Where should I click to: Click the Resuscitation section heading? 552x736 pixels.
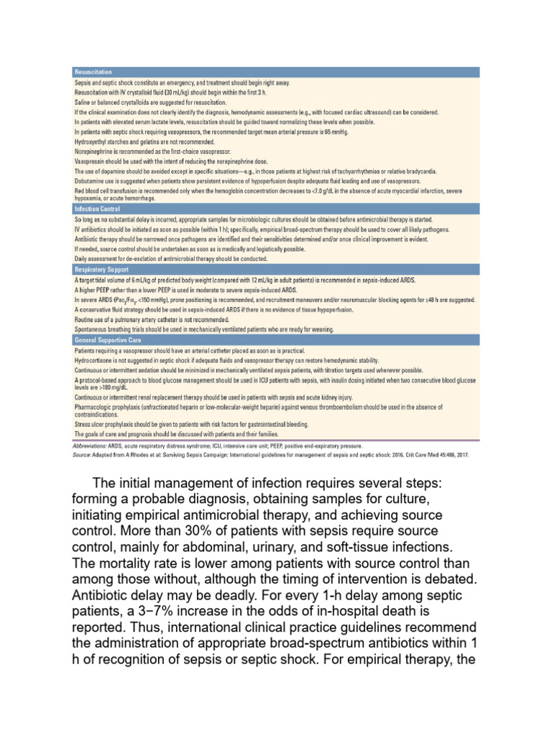[x=92, y=72]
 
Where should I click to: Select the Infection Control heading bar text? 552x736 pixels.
[x=96, y=208]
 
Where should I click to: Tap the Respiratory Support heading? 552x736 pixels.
[x=101, y=269]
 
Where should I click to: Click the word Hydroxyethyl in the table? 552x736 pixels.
[x=90, y=142]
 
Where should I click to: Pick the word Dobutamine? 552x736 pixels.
[x=90, y=181]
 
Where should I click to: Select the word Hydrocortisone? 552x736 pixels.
[x=92, y=357]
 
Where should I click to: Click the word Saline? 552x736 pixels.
[x=82, y=103]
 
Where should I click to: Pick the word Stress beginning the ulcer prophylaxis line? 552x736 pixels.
[x=83, y=425]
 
